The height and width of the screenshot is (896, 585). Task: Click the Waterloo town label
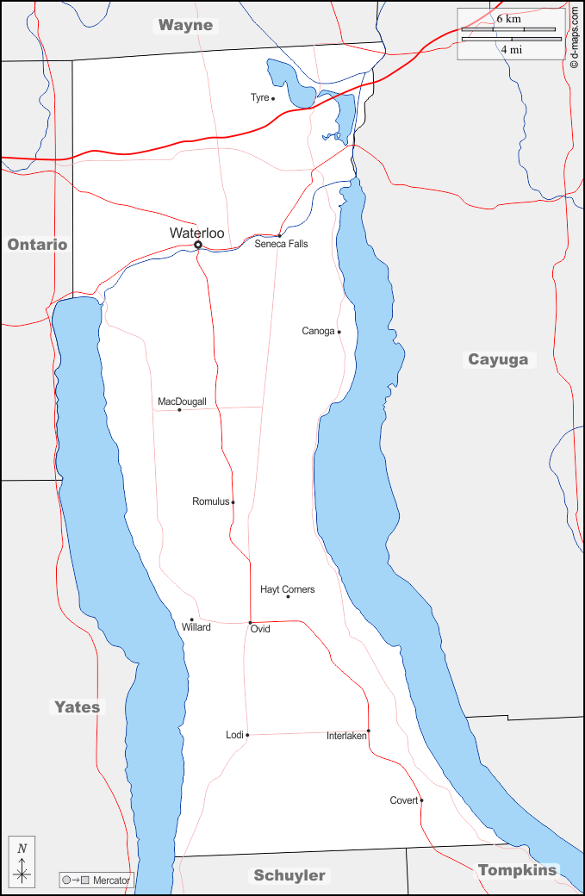(x=196, y=233)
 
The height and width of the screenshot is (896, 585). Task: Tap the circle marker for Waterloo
(x=198, y=245)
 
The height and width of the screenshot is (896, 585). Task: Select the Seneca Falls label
(x=281, y=244)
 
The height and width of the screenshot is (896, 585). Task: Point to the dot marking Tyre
(x=273, y=98)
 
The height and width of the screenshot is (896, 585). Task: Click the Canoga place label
(x=318, y=331)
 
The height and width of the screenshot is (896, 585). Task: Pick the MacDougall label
(x=182, y=401)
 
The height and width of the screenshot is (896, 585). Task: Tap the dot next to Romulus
(x=233, y=502)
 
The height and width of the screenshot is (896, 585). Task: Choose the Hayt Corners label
(x=287, y=589)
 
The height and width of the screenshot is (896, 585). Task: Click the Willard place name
(x=196, y=627)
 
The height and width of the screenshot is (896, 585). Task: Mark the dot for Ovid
(x=250, y=622)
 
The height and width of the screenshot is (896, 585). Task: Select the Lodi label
(x=234, y=735)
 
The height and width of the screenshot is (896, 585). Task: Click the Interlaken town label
(x=346, y=736)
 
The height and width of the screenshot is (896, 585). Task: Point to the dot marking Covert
(x=421, y=800)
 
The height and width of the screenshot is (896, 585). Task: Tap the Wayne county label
(x=184, y=25)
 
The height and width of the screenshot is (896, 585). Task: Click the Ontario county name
(x=37, y=245)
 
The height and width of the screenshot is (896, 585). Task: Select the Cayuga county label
(x=498, y=359)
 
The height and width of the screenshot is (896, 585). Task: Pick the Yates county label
(x=78, y=706)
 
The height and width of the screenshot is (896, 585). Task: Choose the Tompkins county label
(x=517, y=869)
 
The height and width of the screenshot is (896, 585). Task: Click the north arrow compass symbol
(x=22, y=862)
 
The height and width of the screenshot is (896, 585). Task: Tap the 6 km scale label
(x=508, y=18)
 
